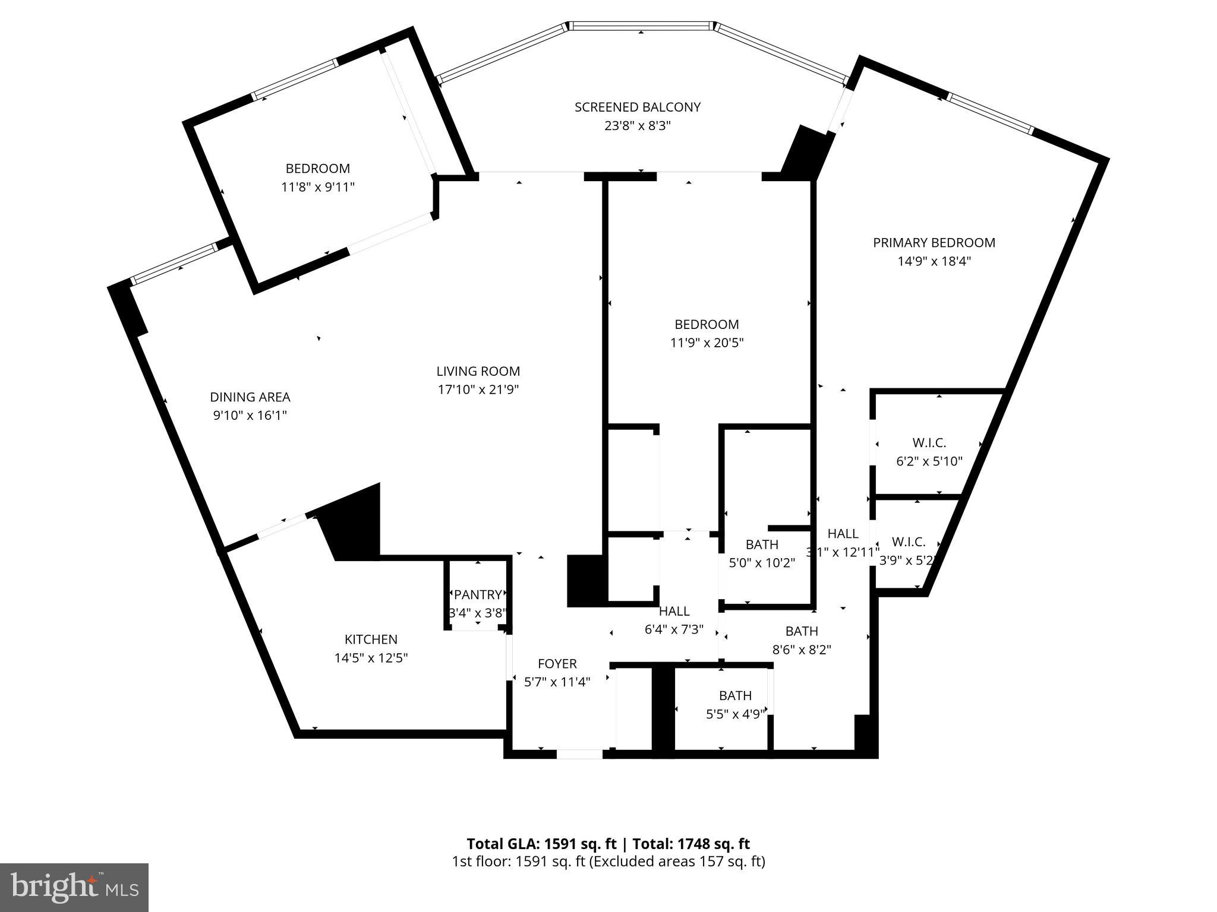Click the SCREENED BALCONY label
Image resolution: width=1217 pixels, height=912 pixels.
(x=637, y=107)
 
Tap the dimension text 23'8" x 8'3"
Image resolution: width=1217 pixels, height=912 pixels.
(x=637, y=126)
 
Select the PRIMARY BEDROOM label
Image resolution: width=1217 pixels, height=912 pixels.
(x=934, y=242)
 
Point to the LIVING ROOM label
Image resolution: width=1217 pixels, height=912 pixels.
(x=478, y=371)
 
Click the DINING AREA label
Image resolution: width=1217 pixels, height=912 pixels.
(x=250, y=397)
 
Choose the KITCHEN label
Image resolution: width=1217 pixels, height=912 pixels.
(x=371, y=639)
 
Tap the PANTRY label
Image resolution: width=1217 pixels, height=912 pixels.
(x=478, y=594)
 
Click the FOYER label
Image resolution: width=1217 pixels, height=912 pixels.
(x=557, y=663)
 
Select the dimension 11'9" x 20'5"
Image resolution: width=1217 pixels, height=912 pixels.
(x=707, y=343)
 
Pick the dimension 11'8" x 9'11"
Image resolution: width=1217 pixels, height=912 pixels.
(x=317, y=187)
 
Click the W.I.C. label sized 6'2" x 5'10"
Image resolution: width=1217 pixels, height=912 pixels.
(x=929, y=442)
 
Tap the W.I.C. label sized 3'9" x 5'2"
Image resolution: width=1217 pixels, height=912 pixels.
(x=909, y=541)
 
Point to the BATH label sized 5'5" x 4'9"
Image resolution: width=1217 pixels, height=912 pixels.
(x=735, y=695)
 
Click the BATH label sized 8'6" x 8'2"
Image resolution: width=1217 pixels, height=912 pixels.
(x=801, y=631)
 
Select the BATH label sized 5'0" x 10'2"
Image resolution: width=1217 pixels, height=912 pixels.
(x=762, y=544)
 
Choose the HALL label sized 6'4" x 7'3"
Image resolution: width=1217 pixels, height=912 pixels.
(x=674, y=611)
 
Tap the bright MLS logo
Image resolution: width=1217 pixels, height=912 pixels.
(x=74, y=887)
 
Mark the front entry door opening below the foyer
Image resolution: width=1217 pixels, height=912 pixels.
(x=579, y=754)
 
